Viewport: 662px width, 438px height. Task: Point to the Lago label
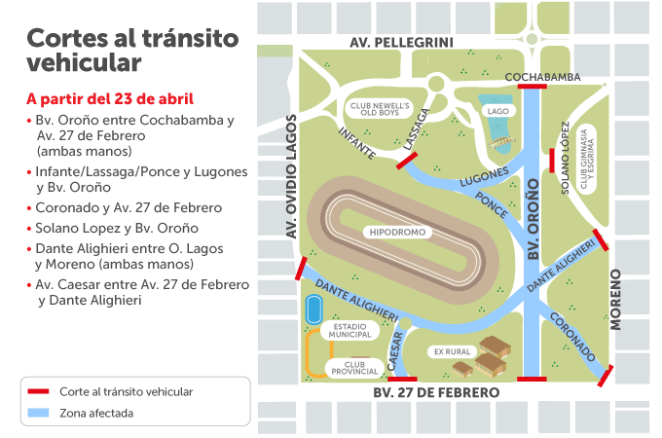pos(497,111)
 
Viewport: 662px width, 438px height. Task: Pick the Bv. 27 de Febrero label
pos(436,392)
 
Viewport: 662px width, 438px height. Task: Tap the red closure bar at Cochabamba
pos(532,87)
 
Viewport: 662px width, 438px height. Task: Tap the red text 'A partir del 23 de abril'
pos(110,99)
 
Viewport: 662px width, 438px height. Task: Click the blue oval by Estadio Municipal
pos(313,310)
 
